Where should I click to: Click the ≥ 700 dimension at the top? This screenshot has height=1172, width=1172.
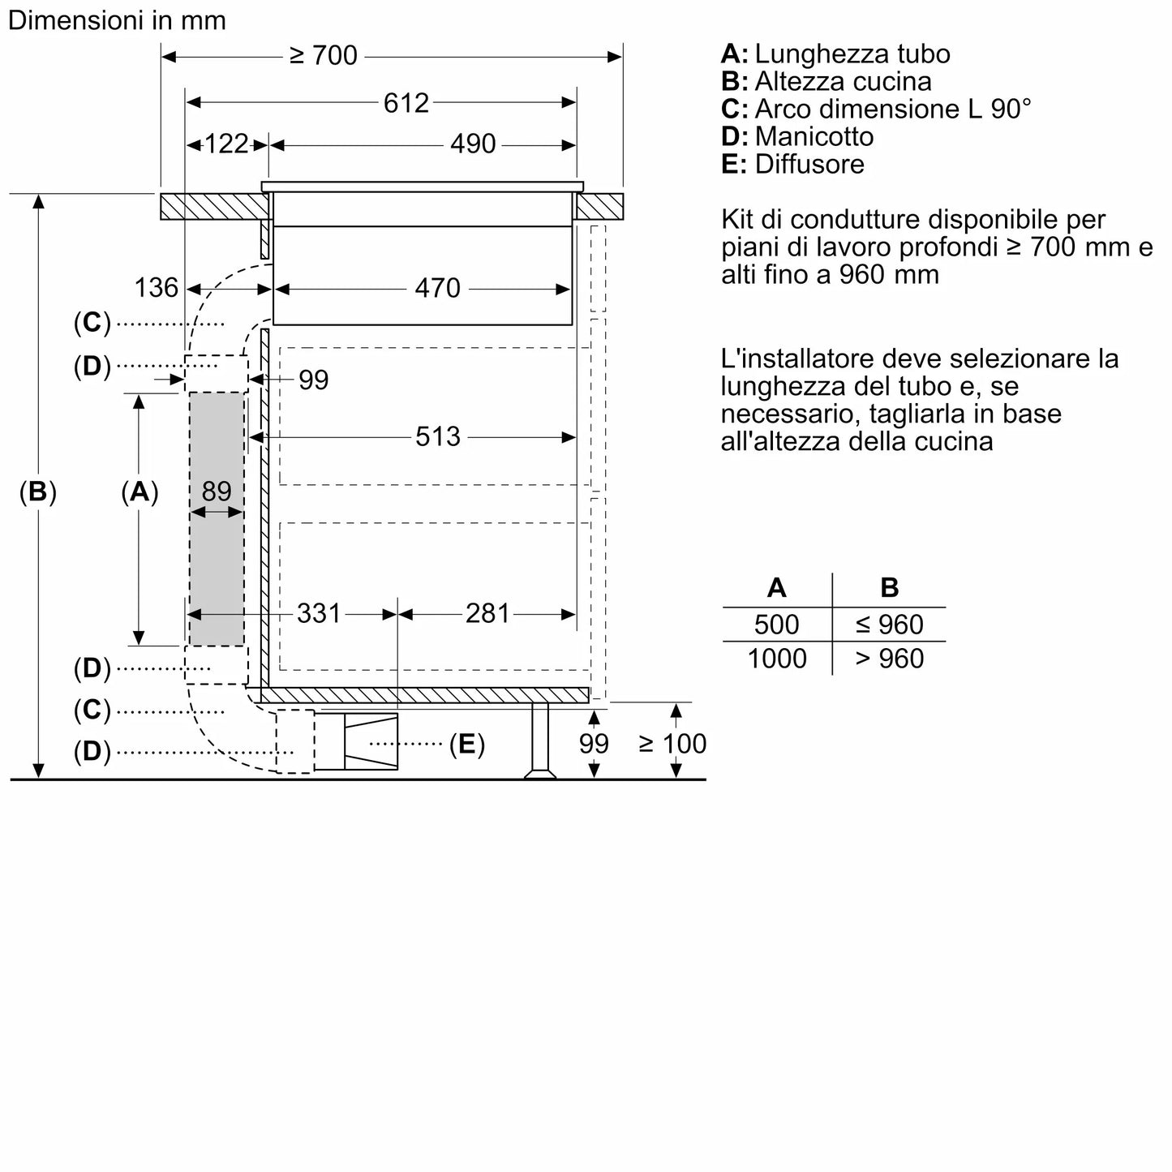point(323,55)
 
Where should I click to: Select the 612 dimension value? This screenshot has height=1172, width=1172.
point(406,103)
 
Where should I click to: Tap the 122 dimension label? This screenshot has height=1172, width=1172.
point(226,144)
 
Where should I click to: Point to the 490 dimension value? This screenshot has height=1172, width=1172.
point(473,144)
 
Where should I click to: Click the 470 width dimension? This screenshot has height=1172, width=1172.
point(437,288)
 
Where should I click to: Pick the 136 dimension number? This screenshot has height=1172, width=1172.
point(156,288)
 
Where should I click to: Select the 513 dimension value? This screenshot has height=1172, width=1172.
point(437,437)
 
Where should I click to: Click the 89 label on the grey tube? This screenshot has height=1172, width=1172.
point(217,492)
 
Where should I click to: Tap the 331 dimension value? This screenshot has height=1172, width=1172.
point(318,614)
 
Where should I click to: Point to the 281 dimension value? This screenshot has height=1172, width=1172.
point(487,614)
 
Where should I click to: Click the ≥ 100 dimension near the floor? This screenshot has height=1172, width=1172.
point(672,744)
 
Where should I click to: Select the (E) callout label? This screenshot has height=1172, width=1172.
point(467,744)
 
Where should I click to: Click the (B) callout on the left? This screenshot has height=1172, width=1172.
point(38,492)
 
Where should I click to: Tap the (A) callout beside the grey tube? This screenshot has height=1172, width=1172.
point(140,492)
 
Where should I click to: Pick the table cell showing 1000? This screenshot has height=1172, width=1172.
point(776,659)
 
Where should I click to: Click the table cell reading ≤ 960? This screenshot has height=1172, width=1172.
point(889,625)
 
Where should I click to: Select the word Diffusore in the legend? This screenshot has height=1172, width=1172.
point(809,164)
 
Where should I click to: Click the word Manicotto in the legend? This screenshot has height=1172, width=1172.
point(814,136)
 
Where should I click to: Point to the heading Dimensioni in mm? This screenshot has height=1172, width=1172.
point(117,20)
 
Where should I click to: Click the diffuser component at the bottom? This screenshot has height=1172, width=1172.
point(357,741)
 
